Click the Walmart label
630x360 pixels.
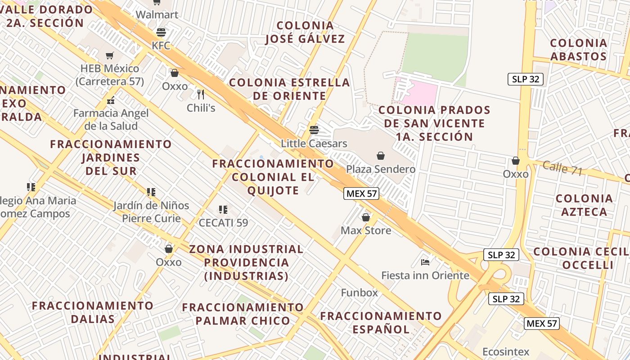point(157,14)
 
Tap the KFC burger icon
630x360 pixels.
point(161,32)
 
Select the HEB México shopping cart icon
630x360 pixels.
point(110,55)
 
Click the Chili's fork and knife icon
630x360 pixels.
point(201,94)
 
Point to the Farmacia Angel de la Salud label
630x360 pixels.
point(111,119)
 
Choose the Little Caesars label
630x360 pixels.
point(314,144)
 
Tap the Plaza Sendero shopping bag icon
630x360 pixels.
point(381,156)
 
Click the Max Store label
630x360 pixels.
point(366,230)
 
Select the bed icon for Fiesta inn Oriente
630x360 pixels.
point(425,262)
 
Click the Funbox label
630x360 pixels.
point(359,292)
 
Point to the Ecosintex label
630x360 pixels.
point(506,351)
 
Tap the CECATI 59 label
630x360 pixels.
point(223,222)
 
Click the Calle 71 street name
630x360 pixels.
point(562,168)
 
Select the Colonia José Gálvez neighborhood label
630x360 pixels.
point(305,32)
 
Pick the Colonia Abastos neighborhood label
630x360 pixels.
point(579,49)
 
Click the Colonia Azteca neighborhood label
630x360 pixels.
point(584,205)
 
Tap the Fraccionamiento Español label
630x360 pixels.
point(381,322)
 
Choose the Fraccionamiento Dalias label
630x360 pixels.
point(93,312)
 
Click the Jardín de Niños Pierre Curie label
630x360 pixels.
point(151,212)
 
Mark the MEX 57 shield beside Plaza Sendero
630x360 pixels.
point(361,194)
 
